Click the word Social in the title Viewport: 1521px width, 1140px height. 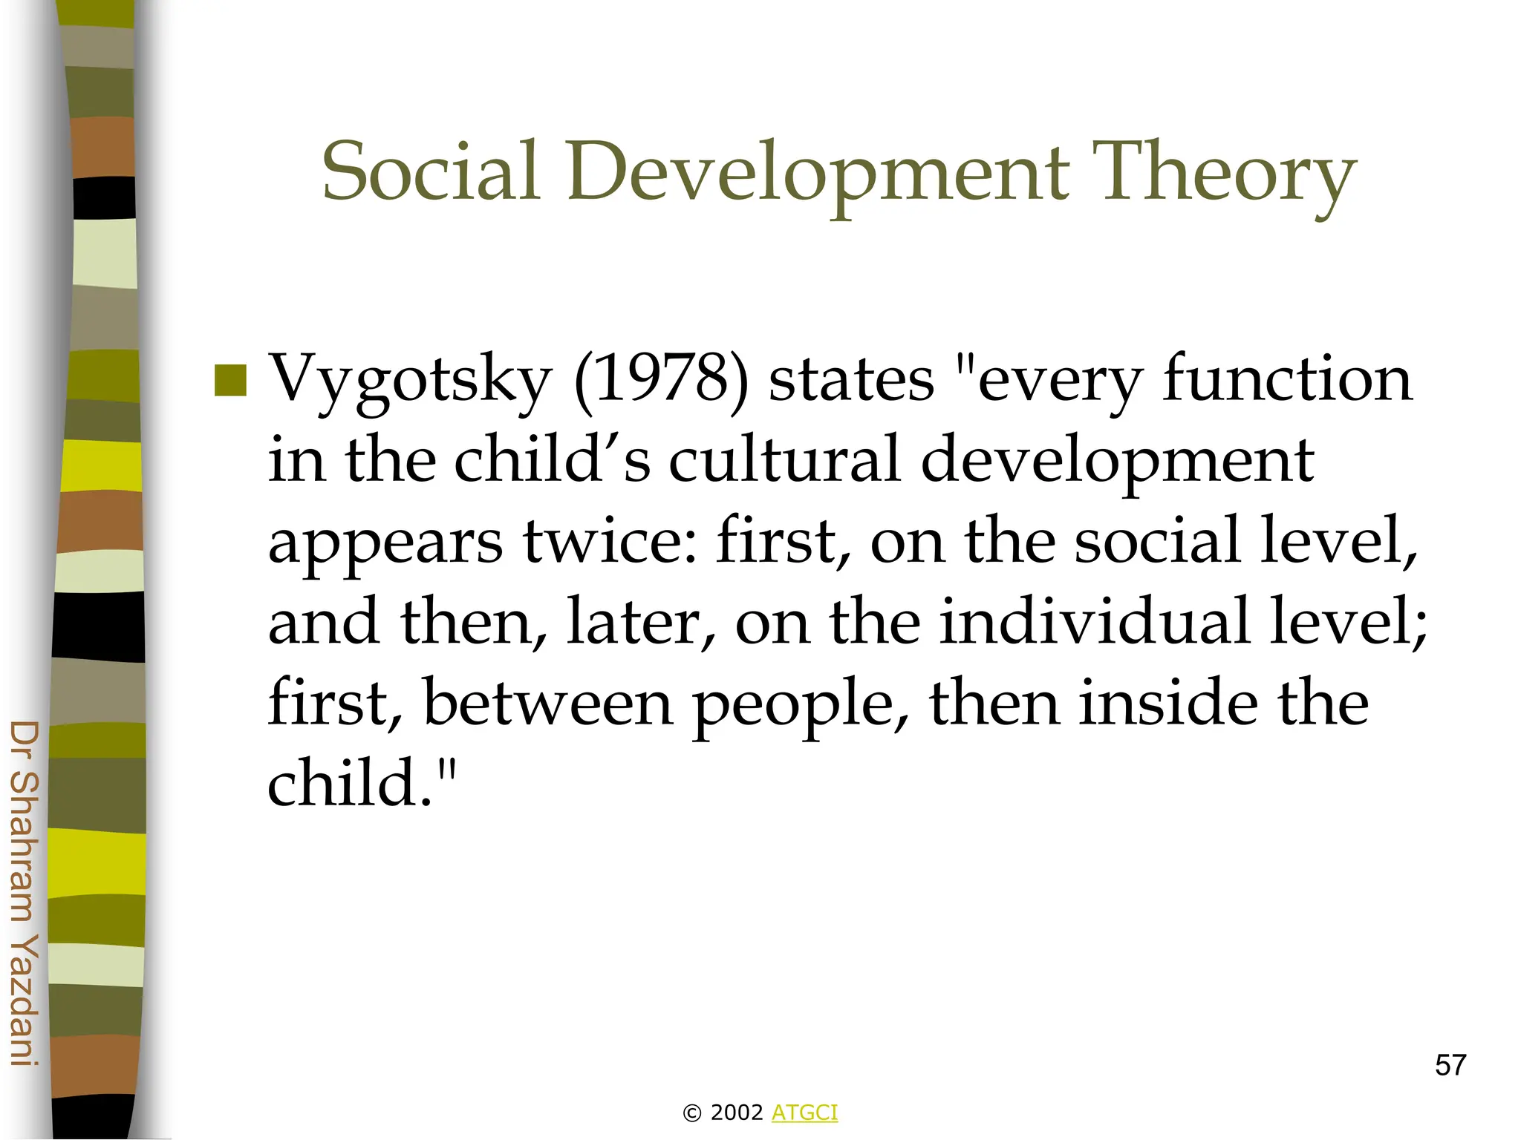(431, 172)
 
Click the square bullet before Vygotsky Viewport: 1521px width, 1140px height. (230, 380)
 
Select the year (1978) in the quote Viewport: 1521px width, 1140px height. (662, 379)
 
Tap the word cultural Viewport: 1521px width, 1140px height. (784, 459)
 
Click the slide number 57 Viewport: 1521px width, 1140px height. (1450, 1065)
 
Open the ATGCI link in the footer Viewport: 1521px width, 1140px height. (804, 1113)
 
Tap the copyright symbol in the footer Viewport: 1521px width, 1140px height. (691, 1113)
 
